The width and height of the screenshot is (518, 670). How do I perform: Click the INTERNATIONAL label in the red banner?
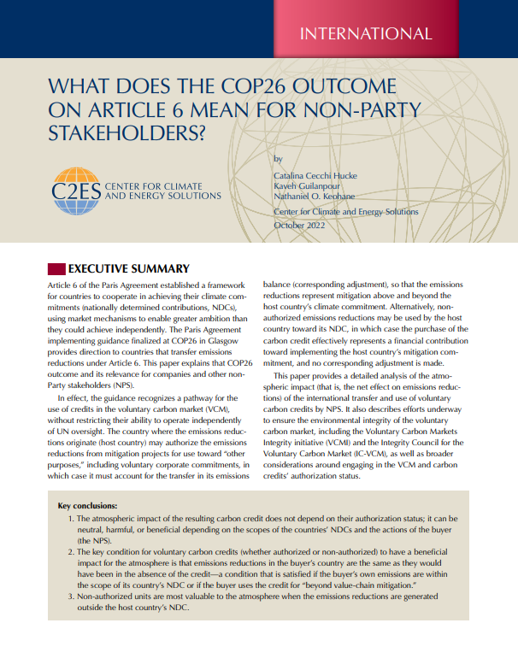tap(365, 34)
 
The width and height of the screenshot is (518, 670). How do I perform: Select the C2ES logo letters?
tap(76, 188)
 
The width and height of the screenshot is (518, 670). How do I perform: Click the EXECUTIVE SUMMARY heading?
tap(128, 267)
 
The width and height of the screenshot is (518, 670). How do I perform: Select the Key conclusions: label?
tap(87, 505)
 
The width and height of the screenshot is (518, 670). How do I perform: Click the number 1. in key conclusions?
tap(70, 518)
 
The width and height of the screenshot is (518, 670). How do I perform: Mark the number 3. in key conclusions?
tap(70, 597)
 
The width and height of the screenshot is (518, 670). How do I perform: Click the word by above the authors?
tap(278, 159)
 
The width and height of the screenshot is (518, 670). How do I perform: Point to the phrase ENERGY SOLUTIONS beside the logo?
tap(177, 196)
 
